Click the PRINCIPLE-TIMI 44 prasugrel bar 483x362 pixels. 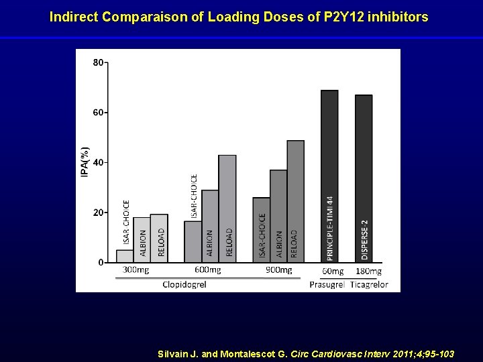pyautogui.click(x=329, y=176)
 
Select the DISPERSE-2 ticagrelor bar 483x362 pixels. pyautogui.click(x=364, y=178)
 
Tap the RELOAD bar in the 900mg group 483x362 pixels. pyautogui.click(x=295, y=201)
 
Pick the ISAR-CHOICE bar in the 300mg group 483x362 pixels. pyautogui.click(x=125, y=255)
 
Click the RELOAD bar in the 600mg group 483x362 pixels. pyautogui.click(x=227, y=208)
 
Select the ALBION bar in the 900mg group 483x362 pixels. pyautogui.click(x=278, y=216)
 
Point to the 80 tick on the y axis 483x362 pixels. pyautogui.click(x=99, y=63)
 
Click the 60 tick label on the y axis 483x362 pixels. pyautogui.click(x=99, y=113)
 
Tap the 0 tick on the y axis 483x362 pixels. pyautogui.click(x=101, y=262)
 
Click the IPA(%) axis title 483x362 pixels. pyautogui.click(x=85, y=162)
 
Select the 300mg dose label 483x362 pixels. pyautogui.click(x=136, y=271)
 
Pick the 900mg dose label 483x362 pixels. pyautogui.click(x=278, y=271)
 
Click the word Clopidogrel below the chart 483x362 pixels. pyautogui.click(x=184, y=284)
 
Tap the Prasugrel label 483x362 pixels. pyautogui.click(x=327, y=284)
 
